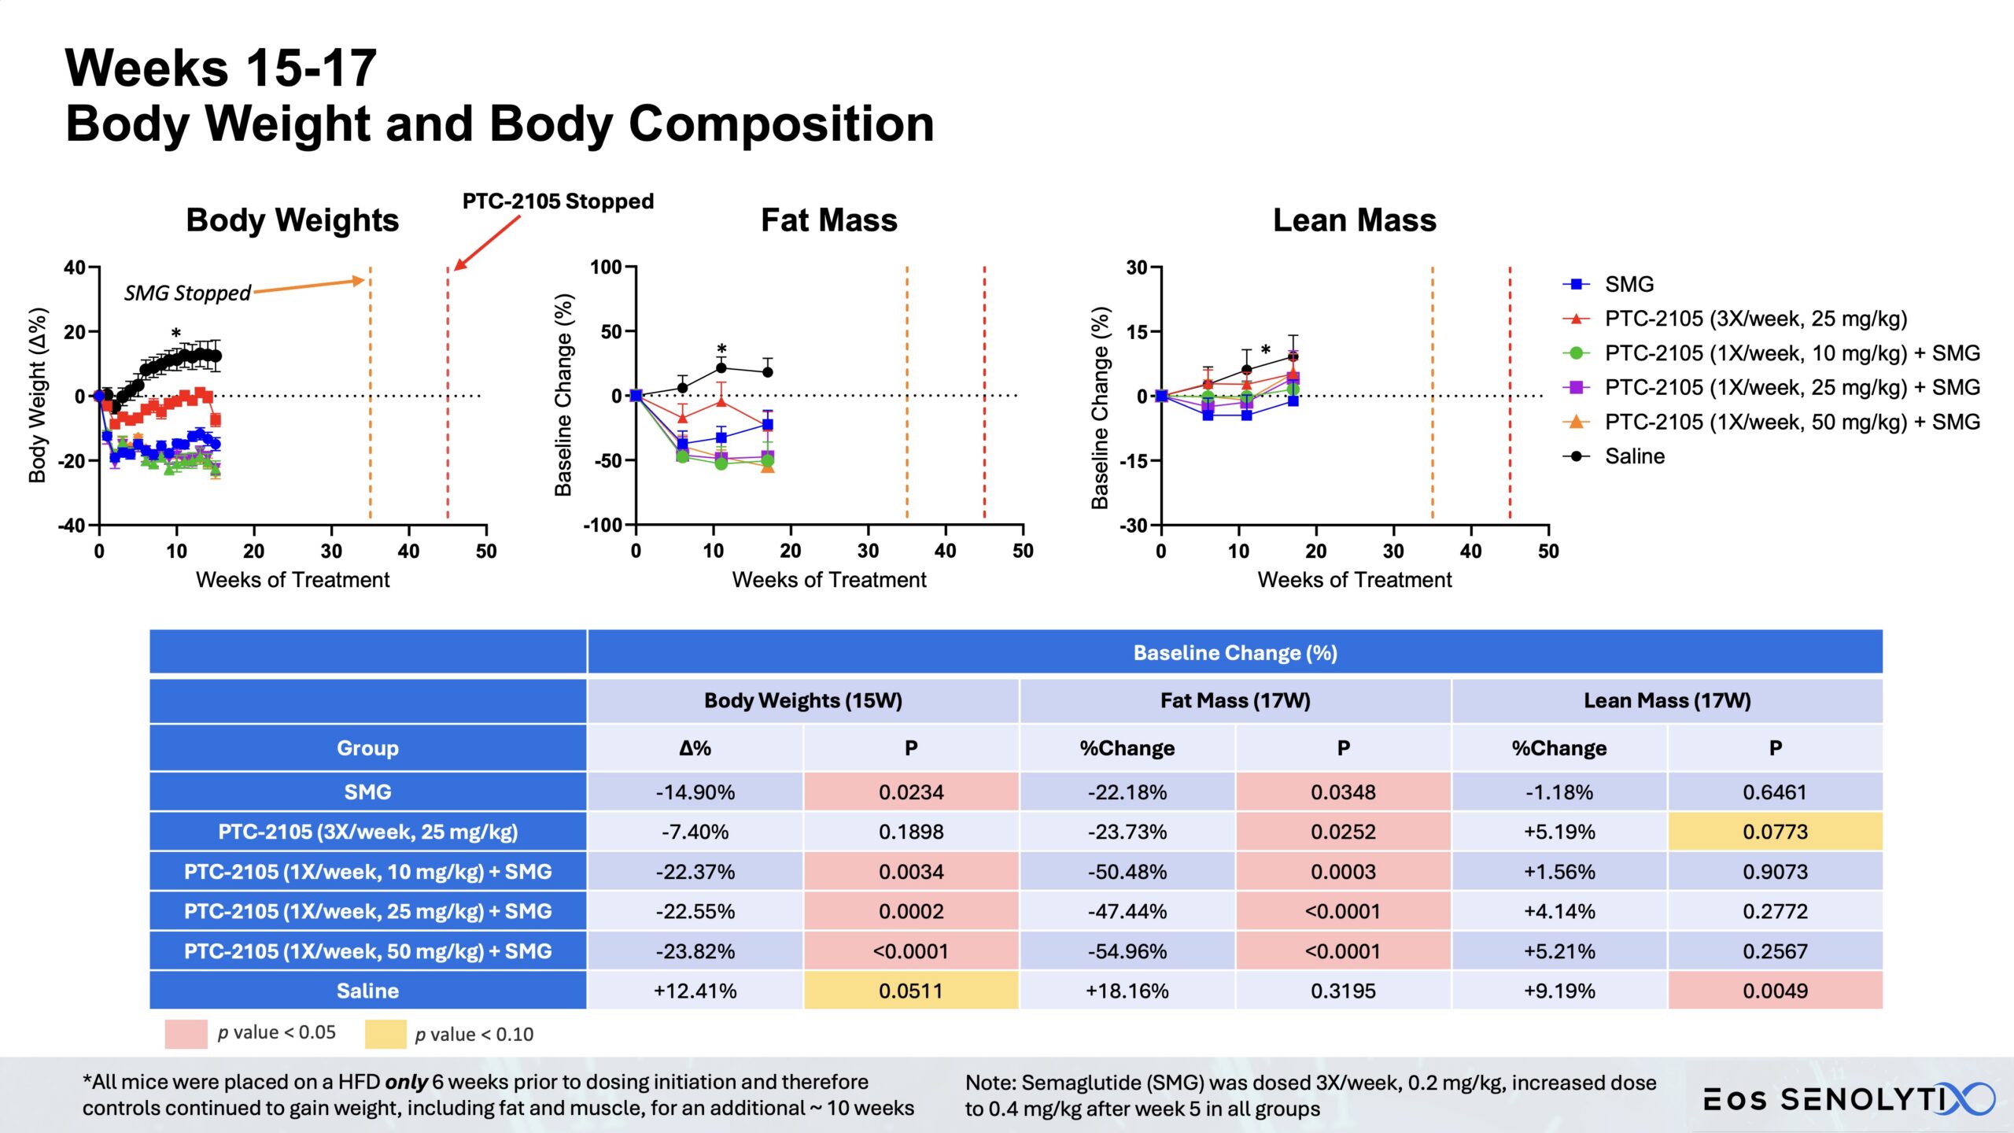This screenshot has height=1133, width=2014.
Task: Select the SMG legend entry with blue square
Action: click(x=1629, y=284)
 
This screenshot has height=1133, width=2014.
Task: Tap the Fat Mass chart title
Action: click(x=828, y=220)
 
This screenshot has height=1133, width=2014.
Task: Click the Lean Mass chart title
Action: click(x=1354, y=220)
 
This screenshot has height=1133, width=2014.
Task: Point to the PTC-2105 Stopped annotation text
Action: click(x=558, y=201)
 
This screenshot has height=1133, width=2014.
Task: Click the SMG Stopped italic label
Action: click(x=187, y=293)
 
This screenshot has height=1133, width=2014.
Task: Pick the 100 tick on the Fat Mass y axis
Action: click(x=606, y=268)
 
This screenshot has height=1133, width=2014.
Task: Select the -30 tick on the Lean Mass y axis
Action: click(x=1134, y=525)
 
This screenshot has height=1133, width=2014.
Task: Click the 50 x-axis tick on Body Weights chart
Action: click(x=486, y=552)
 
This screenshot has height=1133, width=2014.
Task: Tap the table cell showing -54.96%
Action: click(x=1127, y=951)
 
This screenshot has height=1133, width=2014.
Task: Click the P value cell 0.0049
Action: click(x=1775, y=991)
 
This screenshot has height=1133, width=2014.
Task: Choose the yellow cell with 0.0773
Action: click(x=1775, y=832)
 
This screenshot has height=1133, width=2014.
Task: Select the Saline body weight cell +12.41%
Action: click(x=695, y=991)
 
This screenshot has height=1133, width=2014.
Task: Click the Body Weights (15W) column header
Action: click(x=802, y=700)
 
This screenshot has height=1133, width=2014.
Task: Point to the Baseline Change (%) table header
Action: click(x=1234, y=652)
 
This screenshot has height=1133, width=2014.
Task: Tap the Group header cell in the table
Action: click(x=367, y=747)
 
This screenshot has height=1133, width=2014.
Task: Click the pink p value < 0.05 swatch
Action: click(x=186, y=1034)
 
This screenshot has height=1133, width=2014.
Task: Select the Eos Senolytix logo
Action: click(x=1849, y=1098)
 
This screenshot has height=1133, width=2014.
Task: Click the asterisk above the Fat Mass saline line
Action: click(x=721, y=349)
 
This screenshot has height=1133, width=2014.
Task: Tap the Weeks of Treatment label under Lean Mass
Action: click(x=1354, y=580)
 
